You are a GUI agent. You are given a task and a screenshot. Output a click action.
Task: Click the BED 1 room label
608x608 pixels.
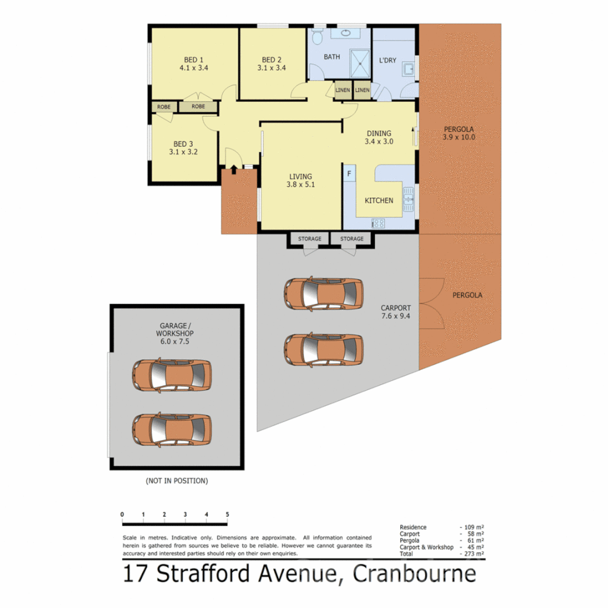tap(194, 60)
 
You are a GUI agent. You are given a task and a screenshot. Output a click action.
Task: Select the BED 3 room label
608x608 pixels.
tap(183, 144)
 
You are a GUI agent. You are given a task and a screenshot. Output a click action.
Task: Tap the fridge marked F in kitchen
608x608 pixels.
tap(349, 173)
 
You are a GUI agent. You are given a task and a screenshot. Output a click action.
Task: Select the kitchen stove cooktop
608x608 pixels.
tap(378, 223)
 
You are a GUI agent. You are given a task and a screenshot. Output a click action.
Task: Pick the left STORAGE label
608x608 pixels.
tap(310, 239)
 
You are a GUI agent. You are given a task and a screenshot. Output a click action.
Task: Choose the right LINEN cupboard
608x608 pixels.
tap(362, 90)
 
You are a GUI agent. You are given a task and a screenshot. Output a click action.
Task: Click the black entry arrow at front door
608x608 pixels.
tap(234, 169)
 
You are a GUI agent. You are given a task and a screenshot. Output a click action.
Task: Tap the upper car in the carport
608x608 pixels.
tap(323, 293)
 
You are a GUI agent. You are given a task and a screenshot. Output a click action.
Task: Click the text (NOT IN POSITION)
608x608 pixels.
tap(177, 481)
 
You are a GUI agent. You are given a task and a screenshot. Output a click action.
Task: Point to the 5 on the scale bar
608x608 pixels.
tap(227, 514)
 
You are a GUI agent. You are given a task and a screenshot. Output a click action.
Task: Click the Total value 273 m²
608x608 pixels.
tap(475, 554)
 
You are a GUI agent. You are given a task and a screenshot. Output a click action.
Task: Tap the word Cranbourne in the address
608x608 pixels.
tap(414, 575)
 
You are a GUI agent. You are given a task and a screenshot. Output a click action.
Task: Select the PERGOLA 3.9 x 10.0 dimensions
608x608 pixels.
tap(459, 137)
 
